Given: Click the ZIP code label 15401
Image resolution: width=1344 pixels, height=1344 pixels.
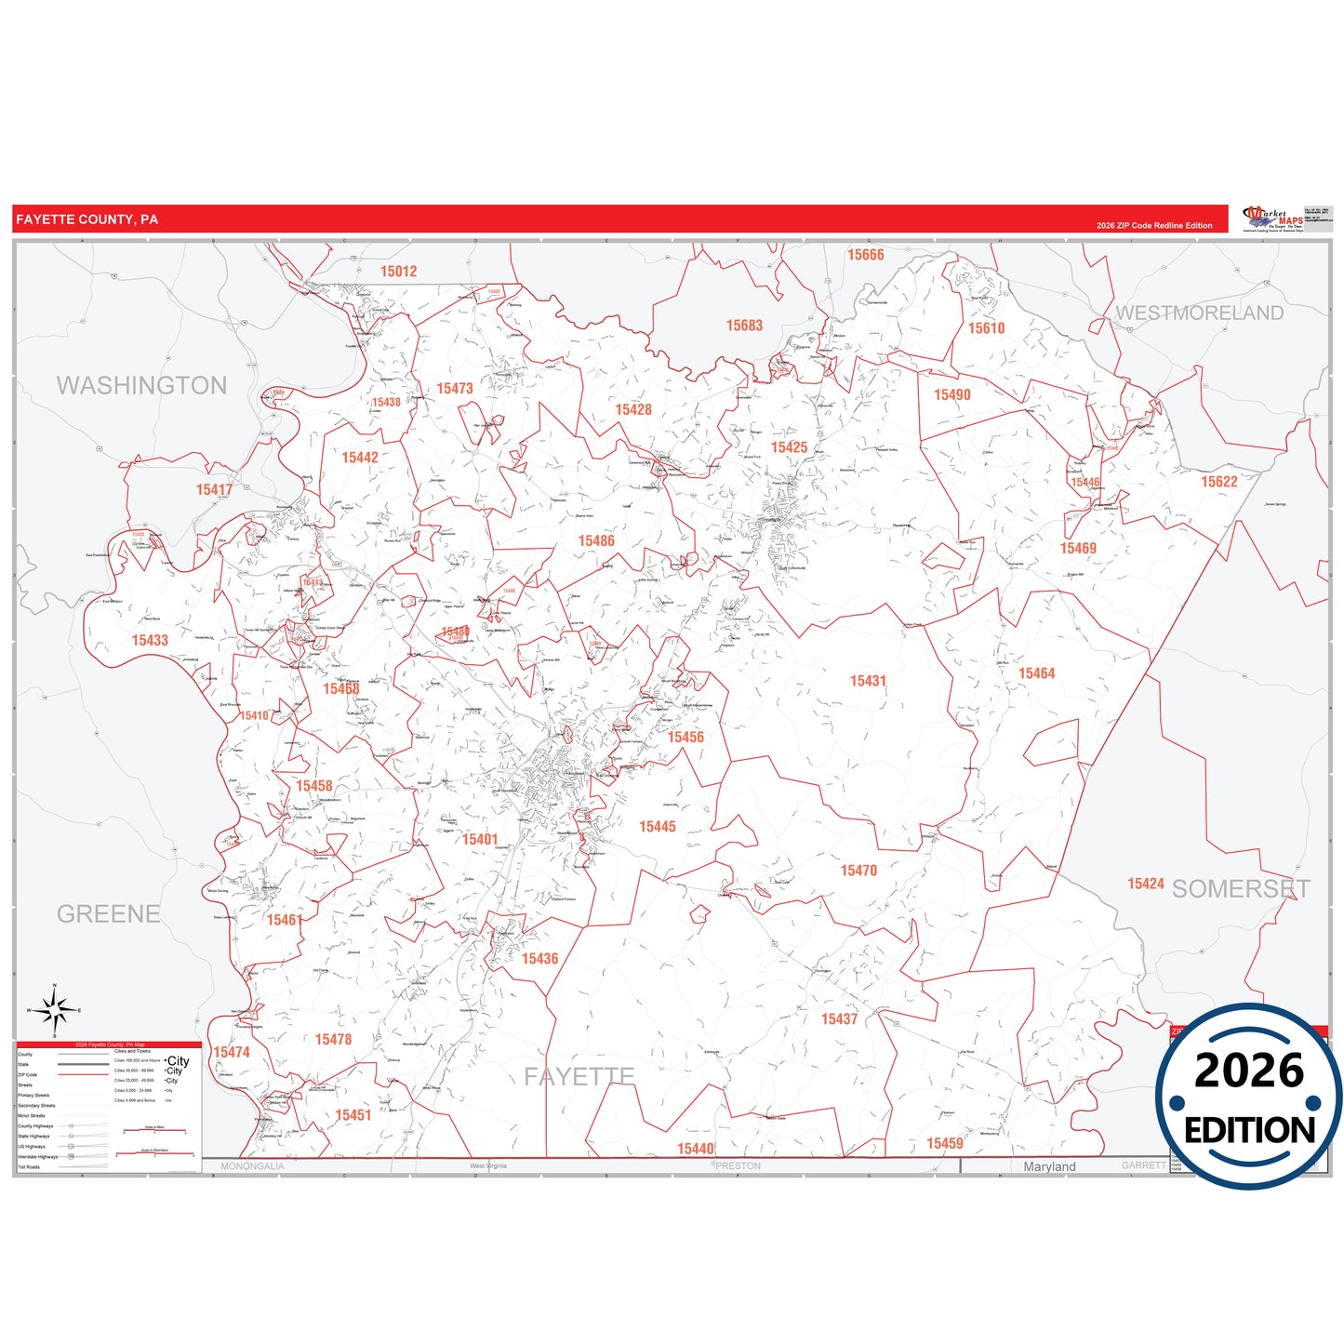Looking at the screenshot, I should click(x=480, y=840).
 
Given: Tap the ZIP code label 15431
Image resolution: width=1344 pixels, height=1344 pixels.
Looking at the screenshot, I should click(x=868, y=681).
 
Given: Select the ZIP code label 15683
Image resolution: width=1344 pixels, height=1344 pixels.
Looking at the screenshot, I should click(x=744, y=326).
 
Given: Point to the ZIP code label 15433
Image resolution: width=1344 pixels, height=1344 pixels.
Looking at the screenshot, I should click(x=150, y=640).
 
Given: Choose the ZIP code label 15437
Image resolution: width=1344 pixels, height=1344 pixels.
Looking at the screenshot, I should click(x=839, y=1019).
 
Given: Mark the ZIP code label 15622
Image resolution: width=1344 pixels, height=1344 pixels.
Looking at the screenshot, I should click(x=1218, y=482).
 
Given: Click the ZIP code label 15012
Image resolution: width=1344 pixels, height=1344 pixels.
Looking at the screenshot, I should click(x=398, y=272).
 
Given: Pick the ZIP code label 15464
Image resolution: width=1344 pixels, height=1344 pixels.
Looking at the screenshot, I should click(x=1036, y=673).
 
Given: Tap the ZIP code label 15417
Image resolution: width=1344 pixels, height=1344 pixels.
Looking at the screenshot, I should click(x=214, y=490).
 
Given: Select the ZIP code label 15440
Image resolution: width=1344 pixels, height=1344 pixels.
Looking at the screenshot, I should click(x=695, y=1149).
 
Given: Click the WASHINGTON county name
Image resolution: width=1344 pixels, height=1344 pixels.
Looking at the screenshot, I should click(x=141, y=385).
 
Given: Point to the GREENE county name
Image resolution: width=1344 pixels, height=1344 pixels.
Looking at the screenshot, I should click(x=108, y=913).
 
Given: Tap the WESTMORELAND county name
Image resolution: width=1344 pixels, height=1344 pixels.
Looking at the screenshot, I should click(x=1199, y=313).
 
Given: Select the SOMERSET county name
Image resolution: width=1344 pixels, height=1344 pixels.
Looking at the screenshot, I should click(x=1241, y=889).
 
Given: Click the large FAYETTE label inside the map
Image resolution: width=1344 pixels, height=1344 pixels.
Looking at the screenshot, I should click(x=579, y=1077).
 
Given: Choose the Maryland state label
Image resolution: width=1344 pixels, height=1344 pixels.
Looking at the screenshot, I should click(x=1049, y=1166).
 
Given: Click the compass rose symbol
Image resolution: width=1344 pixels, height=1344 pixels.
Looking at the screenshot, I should click(x=55, y=1009).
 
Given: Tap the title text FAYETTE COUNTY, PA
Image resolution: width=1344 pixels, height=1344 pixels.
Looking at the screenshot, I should click(x=86, y=220).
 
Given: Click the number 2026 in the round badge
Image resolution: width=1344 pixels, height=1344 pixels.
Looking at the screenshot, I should click(x=1248, y=1071).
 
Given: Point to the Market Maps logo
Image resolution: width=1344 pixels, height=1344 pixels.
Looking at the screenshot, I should click(x=1273, y=220).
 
